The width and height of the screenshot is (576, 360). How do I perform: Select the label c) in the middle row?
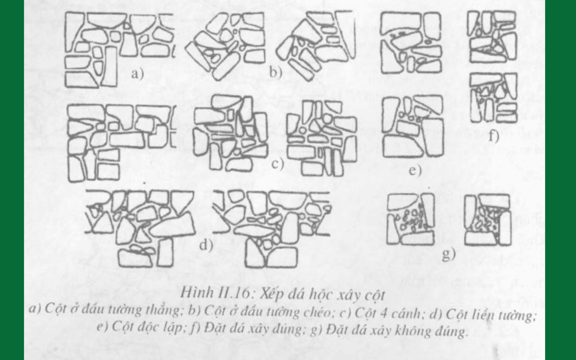coord(278,164)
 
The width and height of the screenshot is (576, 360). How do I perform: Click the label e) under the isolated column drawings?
coord(415,170)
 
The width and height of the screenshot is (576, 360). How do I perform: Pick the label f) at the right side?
coord(494,136)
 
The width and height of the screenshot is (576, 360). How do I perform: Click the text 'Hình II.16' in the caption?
coord(215,292)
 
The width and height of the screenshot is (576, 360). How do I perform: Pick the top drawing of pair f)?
coord(493,36)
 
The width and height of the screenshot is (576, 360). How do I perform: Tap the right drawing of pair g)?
coord(487,220)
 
